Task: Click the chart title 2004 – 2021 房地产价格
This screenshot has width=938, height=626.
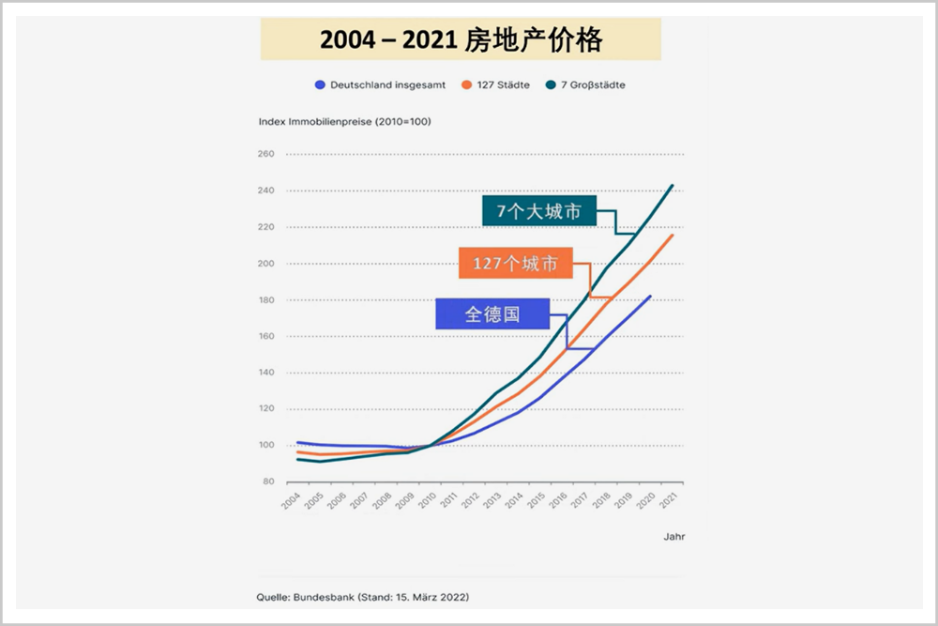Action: pos(461,39)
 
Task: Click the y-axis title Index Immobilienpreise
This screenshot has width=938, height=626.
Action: pos(344,121)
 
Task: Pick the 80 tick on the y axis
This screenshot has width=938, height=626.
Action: pos(267,481)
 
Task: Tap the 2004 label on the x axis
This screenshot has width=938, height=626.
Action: pos(292,500)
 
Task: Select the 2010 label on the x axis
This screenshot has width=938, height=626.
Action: pos(428,500)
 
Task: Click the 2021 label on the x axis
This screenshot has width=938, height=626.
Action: pos(670,500)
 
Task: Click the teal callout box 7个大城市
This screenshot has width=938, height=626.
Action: pos(539,211)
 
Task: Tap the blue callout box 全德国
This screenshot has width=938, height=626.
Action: pos(492,314)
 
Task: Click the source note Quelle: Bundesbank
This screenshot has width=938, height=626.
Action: pos(363,597)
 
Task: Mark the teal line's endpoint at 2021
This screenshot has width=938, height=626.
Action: pos(673,186)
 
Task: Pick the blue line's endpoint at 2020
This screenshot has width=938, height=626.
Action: pos(650,297)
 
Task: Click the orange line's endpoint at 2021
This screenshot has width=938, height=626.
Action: pos(673,235)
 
